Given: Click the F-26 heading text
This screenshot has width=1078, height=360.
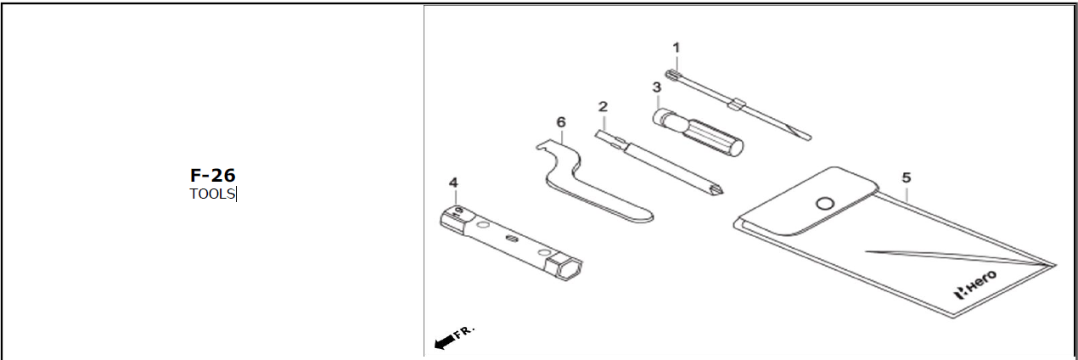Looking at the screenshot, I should click(x=212, y=176).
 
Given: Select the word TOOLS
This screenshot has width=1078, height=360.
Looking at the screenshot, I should click(x=212, y=194).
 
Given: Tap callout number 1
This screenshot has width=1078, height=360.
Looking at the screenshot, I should click(x=677, y=48).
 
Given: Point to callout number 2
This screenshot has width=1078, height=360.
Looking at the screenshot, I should click(x=603, y=107).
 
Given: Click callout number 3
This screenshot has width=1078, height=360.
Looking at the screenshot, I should click(x=656, y=87).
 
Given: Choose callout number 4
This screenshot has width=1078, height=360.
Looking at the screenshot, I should click(x=453, y=183).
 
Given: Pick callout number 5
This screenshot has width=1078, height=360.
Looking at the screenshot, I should click(x=907, y=177).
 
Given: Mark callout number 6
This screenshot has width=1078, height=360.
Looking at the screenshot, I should click(x=560, y=122).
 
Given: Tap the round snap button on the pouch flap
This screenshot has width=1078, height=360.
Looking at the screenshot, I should click(x=823, y=203).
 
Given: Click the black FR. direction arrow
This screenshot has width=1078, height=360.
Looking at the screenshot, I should click(x=444, y=341).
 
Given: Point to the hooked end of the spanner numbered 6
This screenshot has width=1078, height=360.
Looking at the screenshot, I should click(x=543, y=149).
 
